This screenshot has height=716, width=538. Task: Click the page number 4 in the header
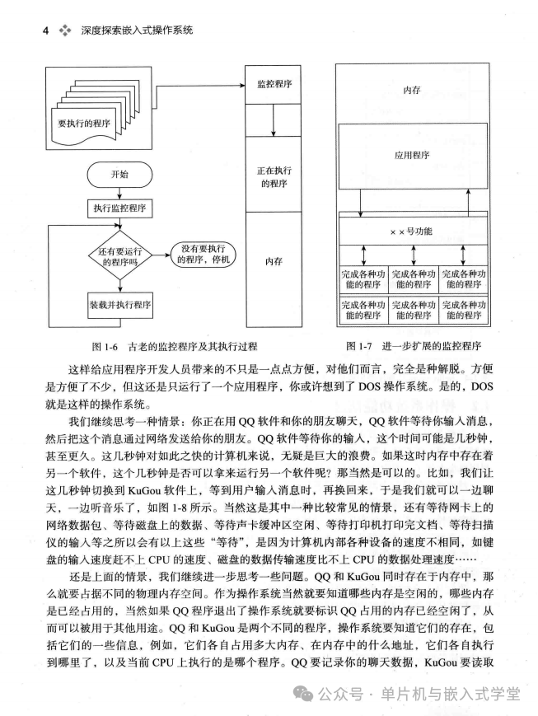[44, 30]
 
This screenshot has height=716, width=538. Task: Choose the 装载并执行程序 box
[119, 304]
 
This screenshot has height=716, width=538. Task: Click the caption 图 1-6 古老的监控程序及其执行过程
[162, 345]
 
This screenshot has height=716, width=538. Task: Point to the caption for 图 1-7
[414, 345]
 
